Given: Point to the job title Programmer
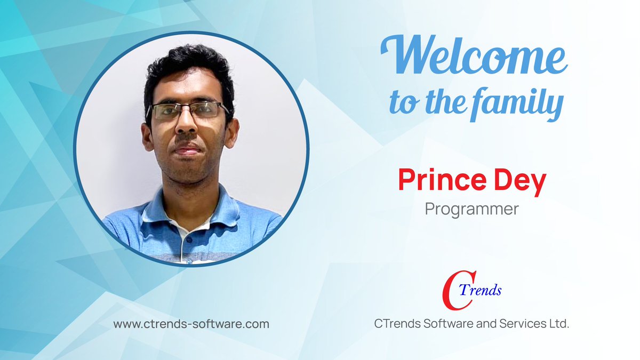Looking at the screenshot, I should click(471, 209).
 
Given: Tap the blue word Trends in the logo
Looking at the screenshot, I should click(483, 290).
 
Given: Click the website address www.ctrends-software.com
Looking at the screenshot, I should click(191, 324).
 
